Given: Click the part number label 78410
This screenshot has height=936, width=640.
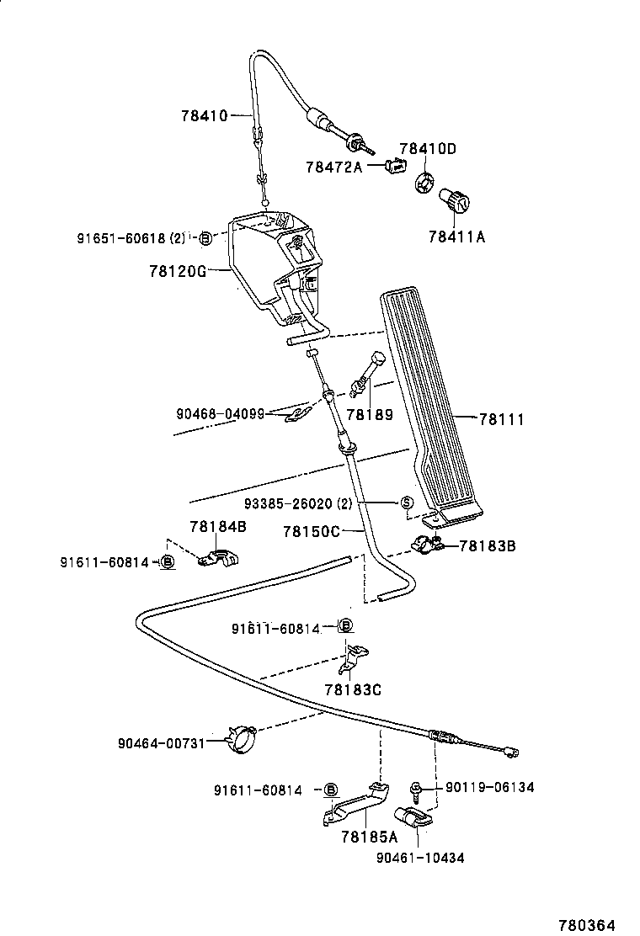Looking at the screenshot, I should click(x=204, y=116).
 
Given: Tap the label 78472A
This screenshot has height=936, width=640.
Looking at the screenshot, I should click(x=333, y=167).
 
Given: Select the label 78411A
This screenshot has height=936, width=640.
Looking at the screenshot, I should click(x=457, y=237).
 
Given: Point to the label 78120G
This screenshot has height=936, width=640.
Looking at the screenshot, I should click(x=177, y=271).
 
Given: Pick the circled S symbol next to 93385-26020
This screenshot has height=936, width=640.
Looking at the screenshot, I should click(x=406, y=503).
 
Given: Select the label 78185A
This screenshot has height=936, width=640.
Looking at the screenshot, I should click(x=369, y=837).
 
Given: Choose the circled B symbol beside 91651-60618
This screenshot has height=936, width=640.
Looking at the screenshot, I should click(x=205, y=239).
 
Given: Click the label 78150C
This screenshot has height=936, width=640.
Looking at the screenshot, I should click(x=311, y=531).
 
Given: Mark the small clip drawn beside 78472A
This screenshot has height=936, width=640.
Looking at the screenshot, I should click(x=392, y=166).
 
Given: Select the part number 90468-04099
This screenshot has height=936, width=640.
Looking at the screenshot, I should click(x=221, y=413).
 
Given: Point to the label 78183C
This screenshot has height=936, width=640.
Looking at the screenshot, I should click(x=353, y=689).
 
